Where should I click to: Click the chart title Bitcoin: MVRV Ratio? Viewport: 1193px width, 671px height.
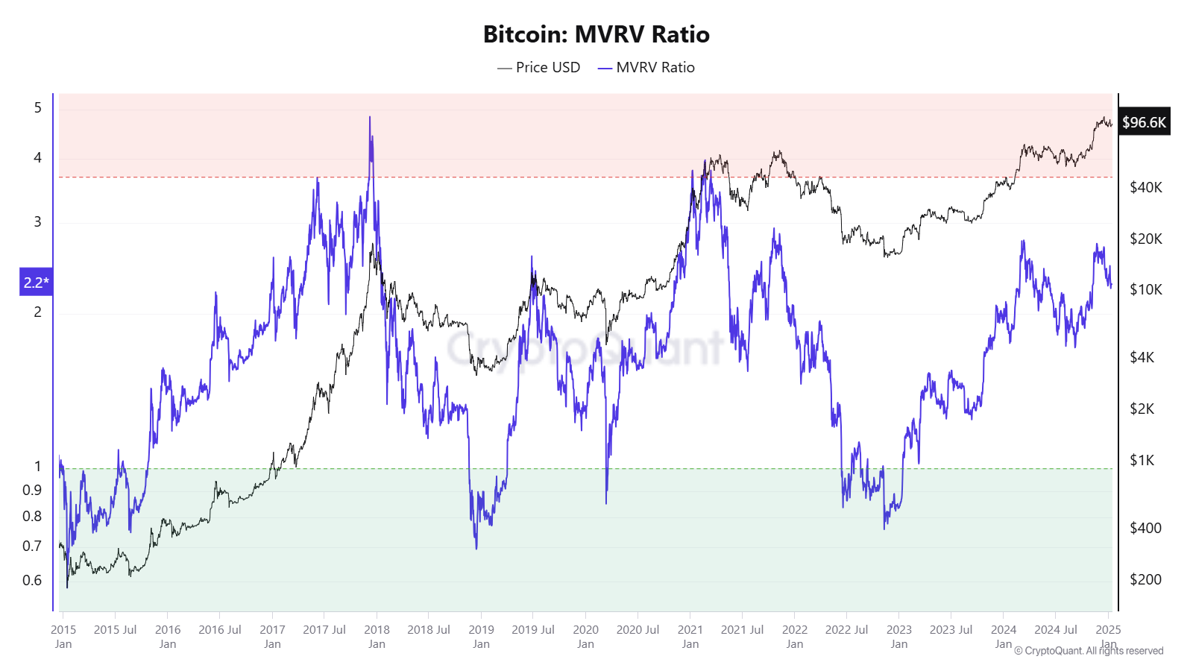coord(596,34)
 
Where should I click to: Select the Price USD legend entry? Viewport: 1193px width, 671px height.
coord(539,67)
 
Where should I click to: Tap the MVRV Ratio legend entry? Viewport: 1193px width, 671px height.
coord(646,67)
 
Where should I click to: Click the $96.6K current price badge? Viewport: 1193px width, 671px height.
coord(1144,122)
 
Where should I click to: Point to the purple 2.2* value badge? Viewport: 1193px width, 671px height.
coord(36,282)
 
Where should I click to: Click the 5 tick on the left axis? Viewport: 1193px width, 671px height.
coord(37,108)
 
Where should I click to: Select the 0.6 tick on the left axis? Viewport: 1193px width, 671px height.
coord(32,580)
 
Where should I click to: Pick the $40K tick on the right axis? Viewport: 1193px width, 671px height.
coord(1145,187)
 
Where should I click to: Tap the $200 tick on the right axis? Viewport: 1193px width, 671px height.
coord(1145,579)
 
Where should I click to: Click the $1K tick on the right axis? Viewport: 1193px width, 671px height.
coord(1142,460)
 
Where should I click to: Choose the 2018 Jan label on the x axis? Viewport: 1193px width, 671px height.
coord(377,636)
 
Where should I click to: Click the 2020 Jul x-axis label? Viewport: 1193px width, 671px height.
coord(638,629)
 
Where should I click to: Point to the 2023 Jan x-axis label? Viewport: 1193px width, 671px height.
coord(898,636)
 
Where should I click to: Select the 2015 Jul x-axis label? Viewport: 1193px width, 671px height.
coord(115,629)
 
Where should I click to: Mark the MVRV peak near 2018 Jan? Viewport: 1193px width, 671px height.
coord(370,118)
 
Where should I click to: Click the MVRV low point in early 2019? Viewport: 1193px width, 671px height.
coord(476,548)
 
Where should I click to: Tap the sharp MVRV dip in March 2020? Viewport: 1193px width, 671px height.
coord(606,503)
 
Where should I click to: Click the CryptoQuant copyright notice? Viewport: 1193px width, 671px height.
coord(1089,651)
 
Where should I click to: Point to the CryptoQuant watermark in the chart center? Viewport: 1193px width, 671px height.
coord(585,347)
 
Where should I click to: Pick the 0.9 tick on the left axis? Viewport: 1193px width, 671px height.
coord(32,490)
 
